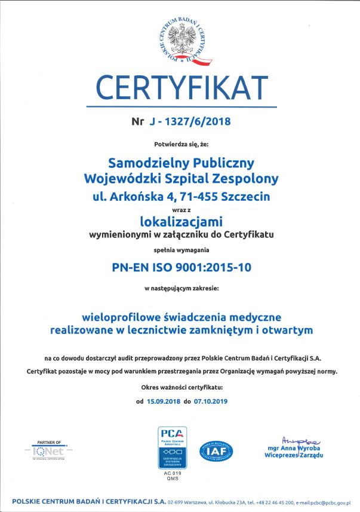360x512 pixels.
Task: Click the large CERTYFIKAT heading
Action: [180, 88]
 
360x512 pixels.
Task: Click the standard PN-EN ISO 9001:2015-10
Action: [180, 267]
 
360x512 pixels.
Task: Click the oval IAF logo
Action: [216, 450]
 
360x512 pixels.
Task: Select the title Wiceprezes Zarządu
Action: [294, 455]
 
